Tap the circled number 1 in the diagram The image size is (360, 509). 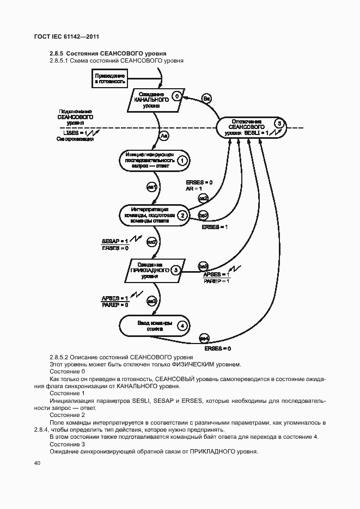(182, 160)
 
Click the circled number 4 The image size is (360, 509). (182, 326)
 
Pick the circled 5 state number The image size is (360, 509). (279, 124)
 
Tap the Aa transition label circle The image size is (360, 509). (165, 135)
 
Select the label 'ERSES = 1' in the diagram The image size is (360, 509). (215, 227)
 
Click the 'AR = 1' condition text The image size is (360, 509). (193, 188)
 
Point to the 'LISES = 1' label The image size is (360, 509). (75, 132)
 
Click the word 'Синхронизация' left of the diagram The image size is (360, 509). (75, 139)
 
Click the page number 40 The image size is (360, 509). (37, 463)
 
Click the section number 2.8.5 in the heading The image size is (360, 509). (57, 53)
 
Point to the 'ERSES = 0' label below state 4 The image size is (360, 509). (217, 348)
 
